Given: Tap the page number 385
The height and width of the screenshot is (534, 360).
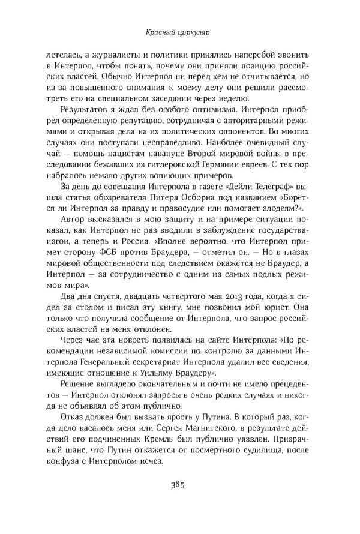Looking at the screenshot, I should [x=180, y=484].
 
